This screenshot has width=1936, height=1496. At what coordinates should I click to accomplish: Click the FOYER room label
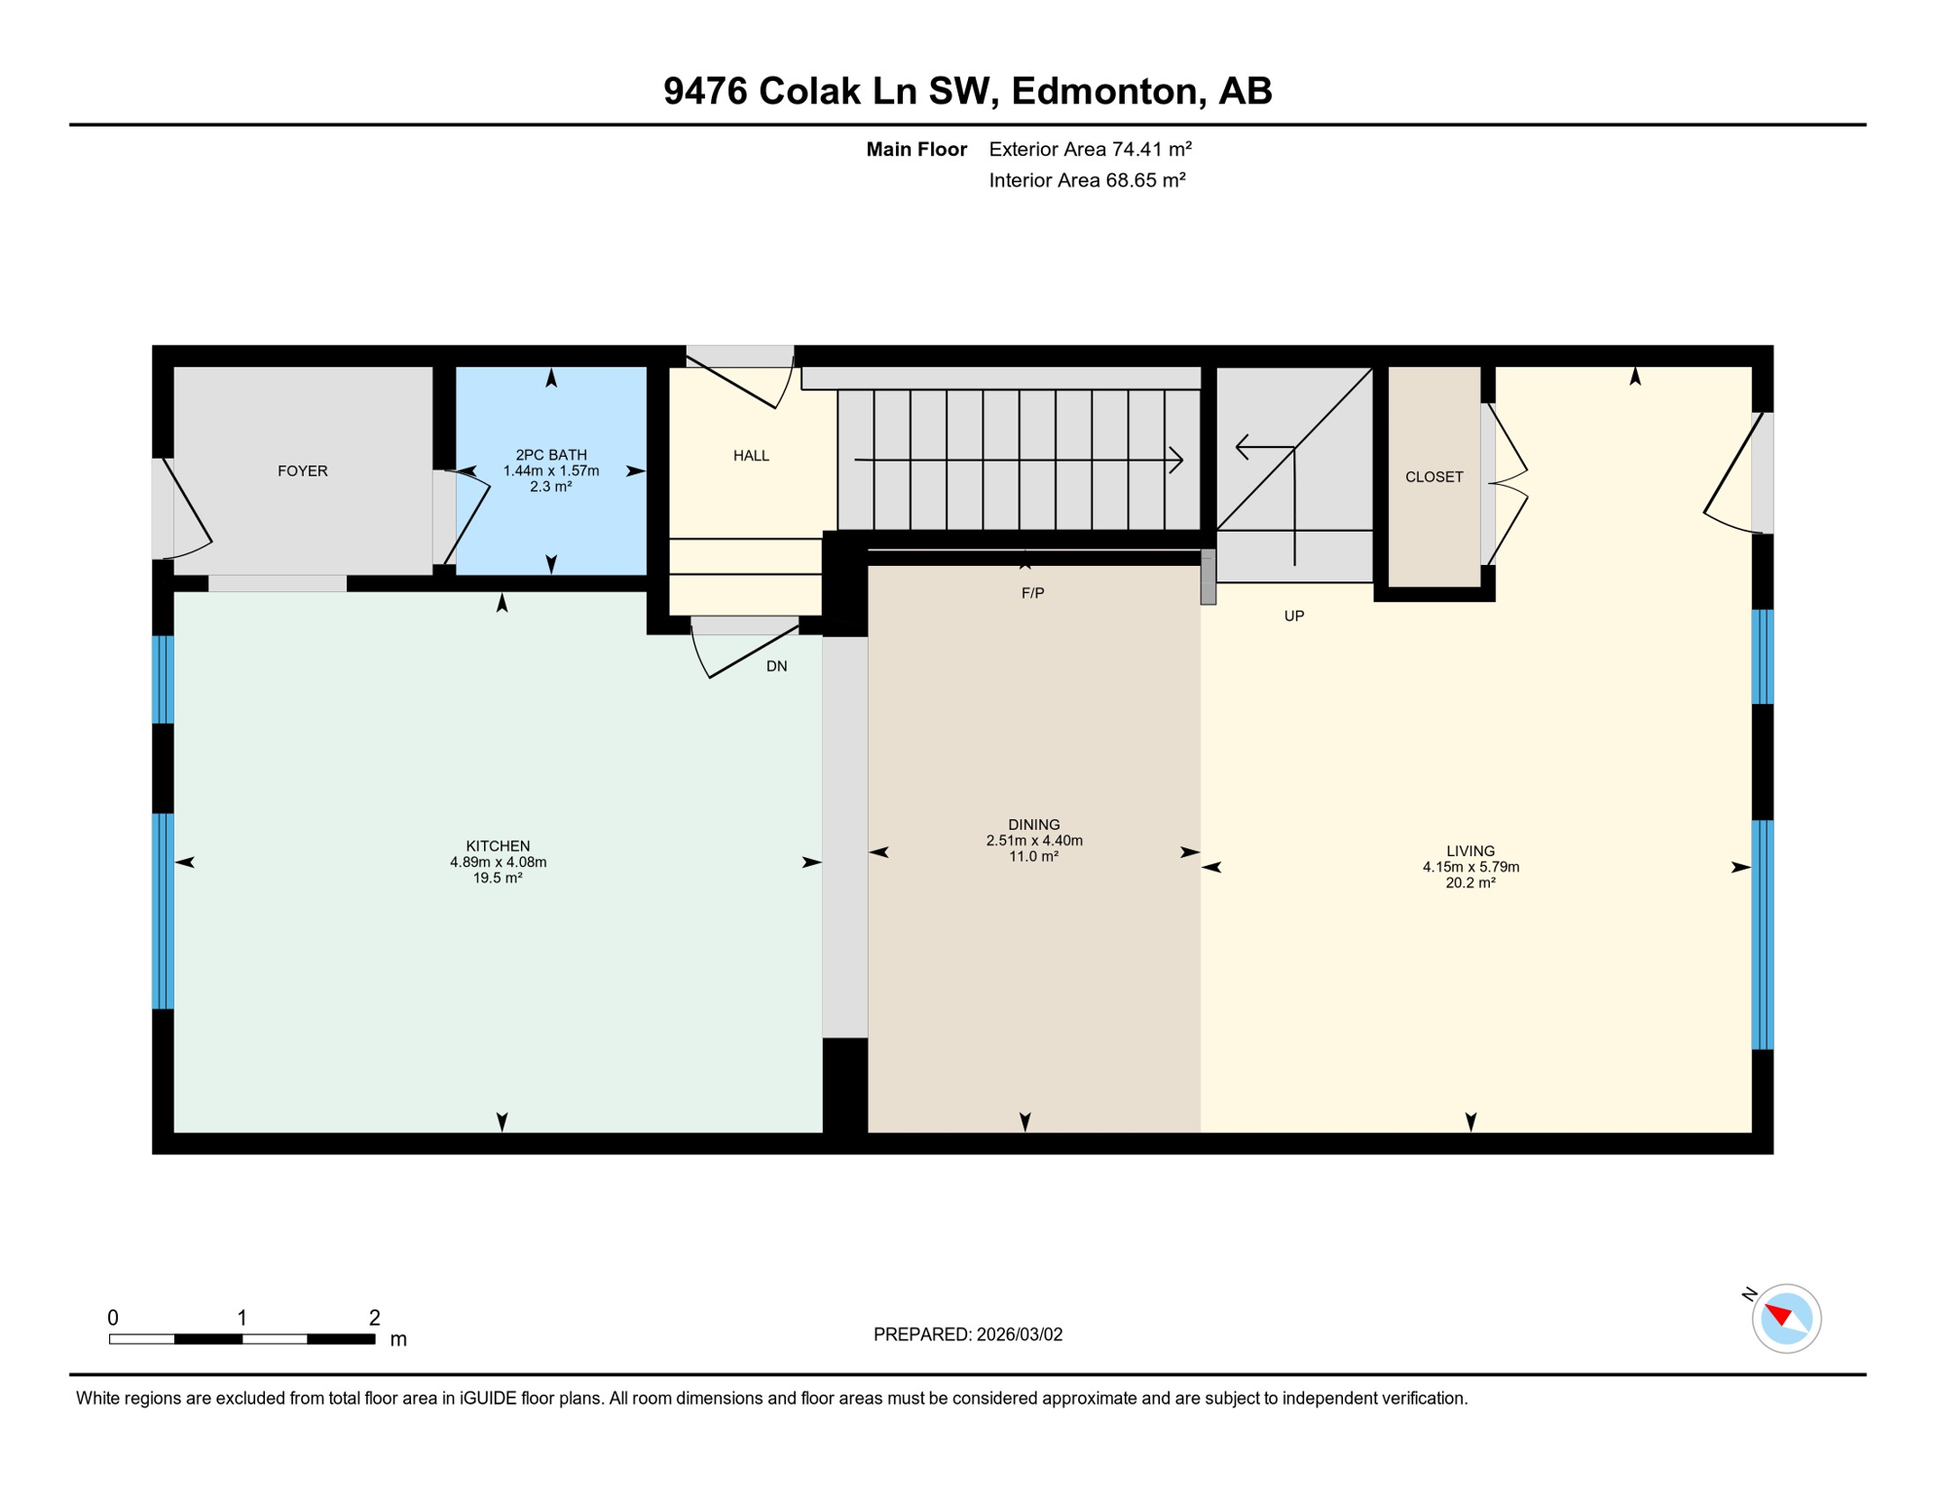(x=302, y=471)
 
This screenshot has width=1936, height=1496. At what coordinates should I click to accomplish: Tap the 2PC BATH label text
(x=551, y=455)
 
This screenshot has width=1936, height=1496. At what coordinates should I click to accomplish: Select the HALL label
(x=751, y=456)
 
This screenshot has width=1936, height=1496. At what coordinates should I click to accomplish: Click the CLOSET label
(x=1433, y=477)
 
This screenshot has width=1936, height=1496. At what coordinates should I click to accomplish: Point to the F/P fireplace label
(x=1032, y=593)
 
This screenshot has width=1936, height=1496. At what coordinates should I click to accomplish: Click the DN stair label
(x=776, y=667)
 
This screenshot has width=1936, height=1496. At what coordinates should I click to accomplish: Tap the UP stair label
(x=1293, y=617)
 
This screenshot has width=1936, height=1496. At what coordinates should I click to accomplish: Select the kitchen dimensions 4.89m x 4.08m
(x=498, y=863)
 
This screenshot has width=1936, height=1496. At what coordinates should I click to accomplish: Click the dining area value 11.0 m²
(x=1033, y=857)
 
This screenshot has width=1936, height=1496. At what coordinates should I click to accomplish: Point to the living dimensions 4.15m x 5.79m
(x=1471, y=868)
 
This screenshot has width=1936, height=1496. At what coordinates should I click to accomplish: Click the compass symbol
(x=1786, y=1319)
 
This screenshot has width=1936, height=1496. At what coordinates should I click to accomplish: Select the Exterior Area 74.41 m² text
(x=1090, y=150)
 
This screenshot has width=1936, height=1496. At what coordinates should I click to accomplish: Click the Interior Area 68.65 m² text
(x=1087, y=181)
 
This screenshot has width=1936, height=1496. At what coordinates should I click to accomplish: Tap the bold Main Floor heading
(x=916, y=150)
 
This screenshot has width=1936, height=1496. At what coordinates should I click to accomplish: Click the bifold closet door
(x=1508, y=484)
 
